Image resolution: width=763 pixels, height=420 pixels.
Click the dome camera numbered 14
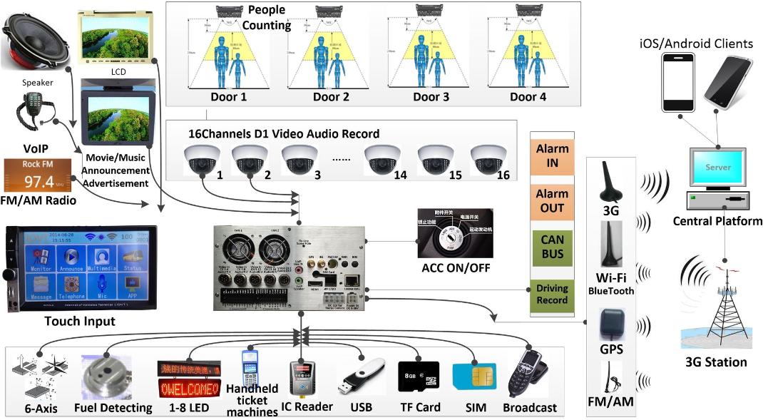[x=382, y=159]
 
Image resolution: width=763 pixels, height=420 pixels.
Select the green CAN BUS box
[x=553, y=247]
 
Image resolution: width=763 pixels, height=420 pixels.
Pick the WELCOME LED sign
[x=189, y=389]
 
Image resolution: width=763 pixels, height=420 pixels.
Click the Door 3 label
[x=431, y=96]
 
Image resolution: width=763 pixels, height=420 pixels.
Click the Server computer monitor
[x=719, y=168]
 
